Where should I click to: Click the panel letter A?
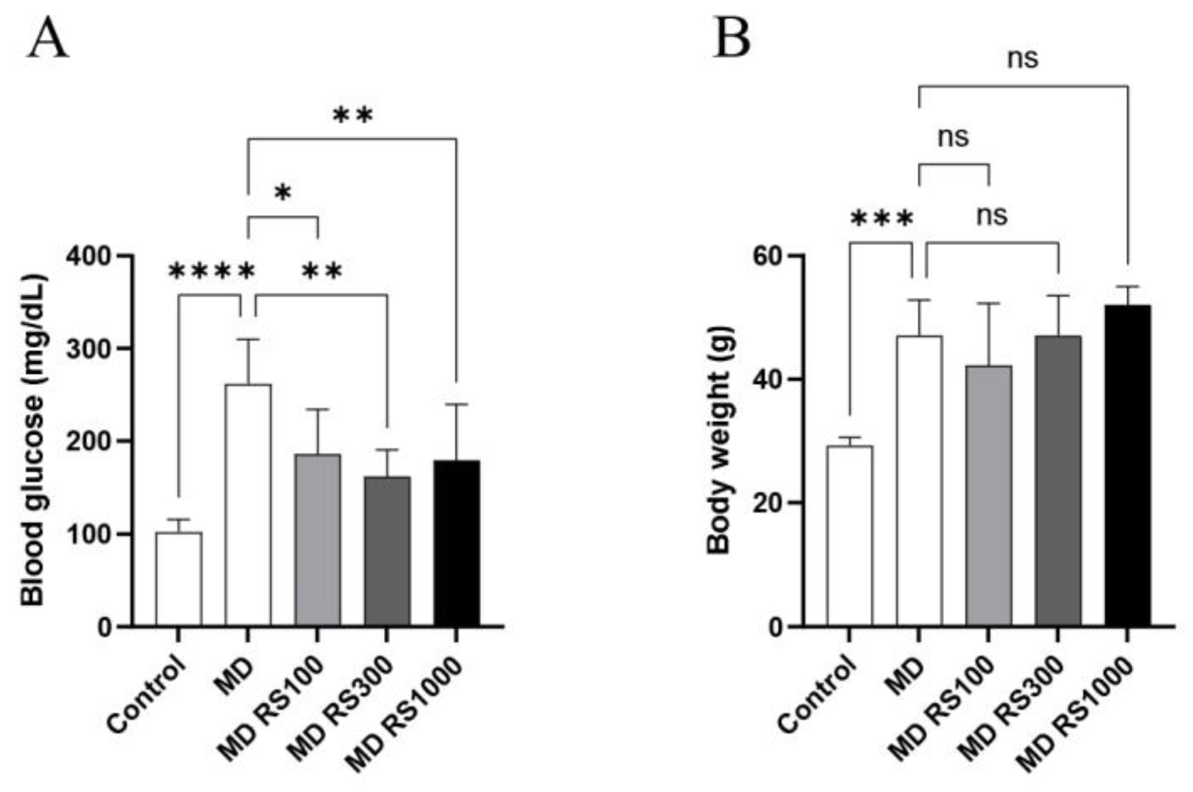click(48, 38)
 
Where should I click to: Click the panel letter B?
click(732, 38)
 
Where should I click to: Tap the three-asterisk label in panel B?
click(881, 219)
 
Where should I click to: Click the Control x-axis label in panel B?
click(818, 693)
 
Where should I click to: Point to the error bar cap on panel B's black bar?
click(1127, 287)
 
